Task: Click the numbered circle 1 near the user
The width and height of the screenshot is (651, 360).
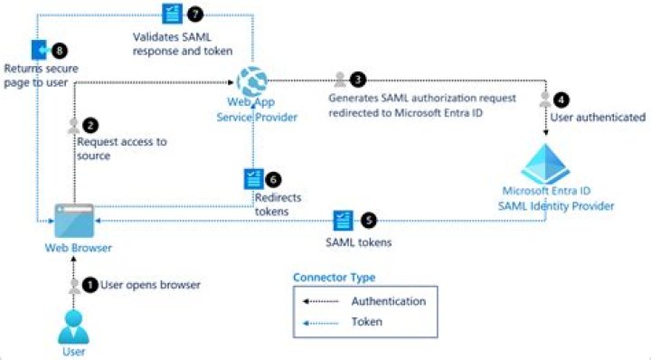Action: (x=89, y=284)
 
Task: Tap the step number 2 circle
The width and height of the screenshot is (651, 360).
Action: (x=89, y=126)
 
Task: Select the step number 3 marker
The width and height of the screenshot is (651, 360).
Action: (x=358, y=79)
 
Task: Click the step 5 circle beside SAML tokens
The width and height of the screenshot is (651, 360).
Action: (x=367, y=220)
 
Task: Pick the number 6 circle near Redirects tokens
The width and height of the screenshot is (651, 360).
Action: (x=275, y=178)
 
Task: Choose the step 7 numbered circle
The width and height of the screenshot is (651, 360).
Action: (x=193, y=13)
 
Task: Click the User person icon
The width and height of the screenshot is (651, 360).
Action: (x=74, y=325)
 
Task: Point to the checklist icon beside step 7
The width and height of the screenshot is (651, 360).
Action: (x=170, y=13)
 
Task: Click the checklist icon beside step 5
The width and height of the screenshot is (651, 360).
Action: (x=344, y=220)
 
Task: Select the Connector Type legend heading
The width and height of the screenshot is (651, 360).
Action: (x=334, y=277)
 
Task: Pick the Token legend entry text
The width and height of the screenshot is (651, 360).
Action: (x=366, y=321)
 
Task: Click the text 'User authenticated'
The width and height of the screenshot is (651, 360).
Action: (x=598, y=117)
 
